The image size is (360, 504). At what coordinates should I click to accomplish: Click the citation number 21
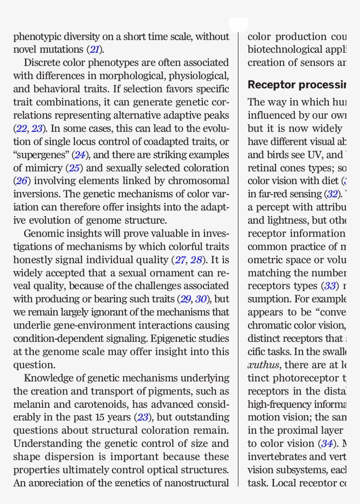point(94,50)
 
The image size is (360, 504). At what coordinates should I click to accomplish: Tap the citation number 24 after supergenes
point(80,155)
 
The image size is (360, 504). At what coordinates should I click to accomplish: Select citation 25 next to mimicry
point(73,168)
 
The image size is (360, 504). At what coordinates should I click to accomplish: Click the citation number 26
point(22,181)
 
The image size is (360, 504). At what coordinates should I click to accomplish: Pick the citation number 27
point(180,260)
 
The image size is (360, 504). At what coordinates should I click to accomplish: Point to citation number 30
point(201,300)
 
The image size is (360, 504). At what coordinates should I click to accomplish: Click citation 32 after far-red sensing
point(332,194)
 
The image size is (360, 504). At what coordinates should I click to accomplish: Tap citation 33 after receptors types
point(329,286)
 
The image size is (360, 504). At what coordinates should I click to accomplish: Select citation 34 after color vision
point(326,444)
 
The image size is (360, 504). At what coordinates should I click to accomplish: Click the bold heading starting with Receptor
point(297,85)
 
